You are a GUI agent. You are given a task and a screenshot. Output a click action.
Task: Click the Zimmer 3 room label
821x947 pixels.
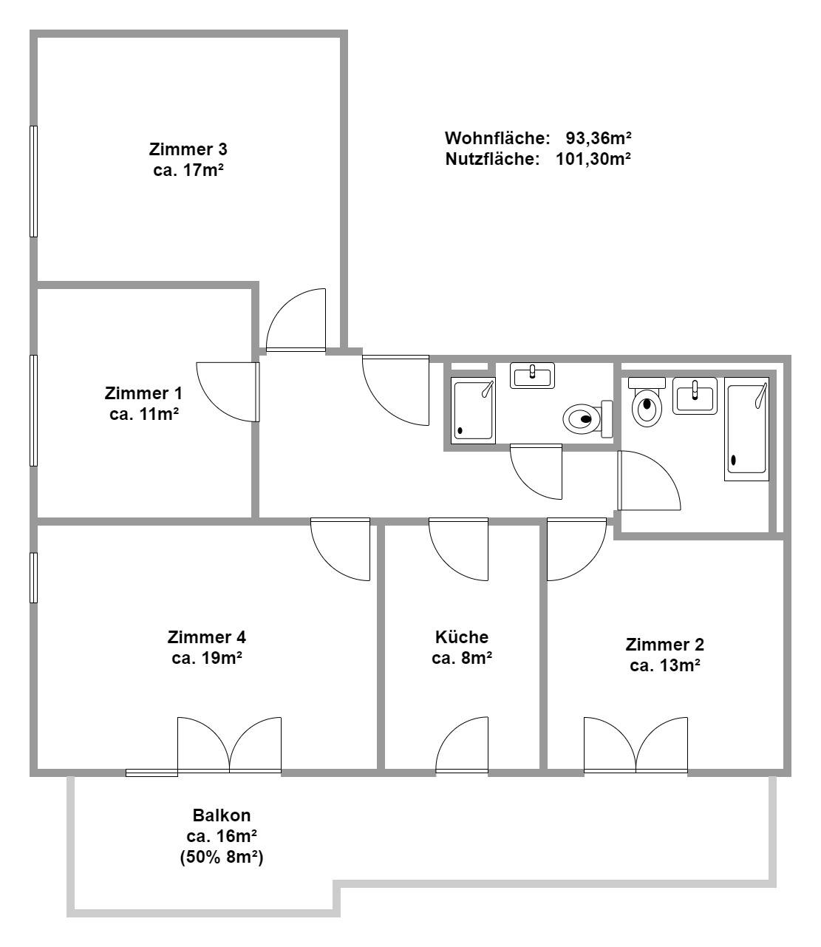click(x=188, y=149)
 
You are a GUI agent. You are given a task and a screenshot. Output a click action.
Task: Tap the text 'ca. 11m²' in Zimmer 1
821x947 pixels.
click(x=144, y=414)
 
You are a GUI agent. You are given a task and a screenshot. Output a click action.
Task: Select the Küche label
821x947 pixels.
click(x=462, y=637)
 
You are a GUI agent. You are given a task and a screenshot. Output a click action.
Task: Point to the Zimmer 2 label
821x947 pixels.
click(x=664, y=645)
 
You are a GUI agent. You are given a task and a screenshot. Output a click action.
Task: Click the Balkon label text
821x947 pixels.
click(x=222, y=815)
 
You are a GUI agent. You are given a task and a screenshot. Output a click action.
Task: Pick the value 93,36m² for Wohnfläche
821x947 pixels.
click(x=599, y=138)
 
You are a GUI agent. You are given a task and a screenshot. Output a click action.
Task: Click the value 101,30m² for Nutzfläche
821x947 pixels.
click(x=593, y=159)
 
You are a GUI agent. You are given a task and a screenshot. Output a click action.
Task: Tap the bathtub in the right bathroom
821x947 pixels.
click(x=746, y=429)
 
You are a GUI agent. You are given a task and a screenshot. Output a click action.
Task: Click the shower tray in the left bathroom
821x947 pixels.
click(x=473, y=410)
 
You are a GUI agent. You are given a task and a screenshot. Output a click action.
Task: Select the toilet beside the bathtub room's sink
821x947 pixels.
click(x=647, y=401)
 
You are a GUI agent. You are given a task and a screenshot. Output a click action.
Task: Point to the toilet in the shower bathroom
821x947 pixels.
click(x=587, y=418)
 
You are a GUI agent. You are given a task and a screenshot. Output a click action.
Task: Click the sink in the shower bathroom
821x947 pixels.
click(x=532, y=376)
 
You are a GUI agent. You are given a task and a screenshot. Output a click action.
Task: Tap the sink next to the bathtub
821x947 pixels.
click(x=695, y=396)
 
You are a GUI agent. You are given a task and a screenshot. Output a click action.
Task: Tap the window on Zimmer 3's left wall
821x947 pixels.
click(x=33, y=181)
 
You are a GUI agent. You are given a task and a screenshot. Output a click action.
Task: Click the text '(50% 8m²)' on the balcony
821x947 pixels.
click(x=222, y=857)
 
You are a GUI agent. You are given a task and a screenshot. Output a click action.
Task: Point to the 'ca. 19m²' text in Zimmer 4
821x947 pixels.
click(x=207, y=658)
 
